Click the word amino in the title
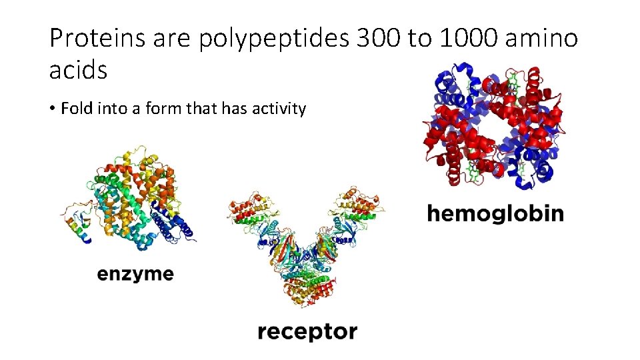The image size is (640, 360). pyautogui.click(x=541, y=39)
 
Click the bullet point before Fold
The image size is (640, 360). pyautogui.click(x=52, y=109)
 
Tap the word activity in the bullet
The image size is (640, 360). pyautogui.click(x=279, y=109)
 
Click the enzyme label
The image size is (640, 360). pyautogui.click(x=135, y=274)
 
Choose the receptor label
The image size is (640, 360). pyautogui.click(x=307, y=331)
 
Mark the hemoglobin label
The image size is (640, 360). pyautogui.click(x=495, y=213)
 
